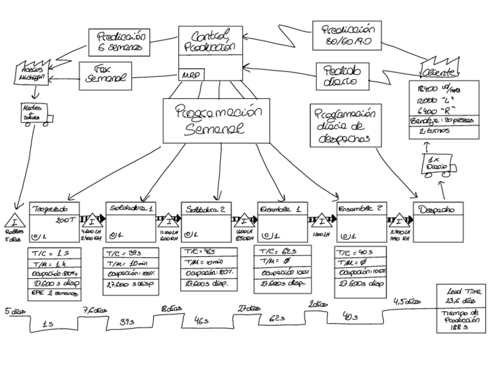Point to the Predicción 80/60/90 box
(x=346, y=36)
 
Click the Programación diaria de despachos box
(x=343, y=126)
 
